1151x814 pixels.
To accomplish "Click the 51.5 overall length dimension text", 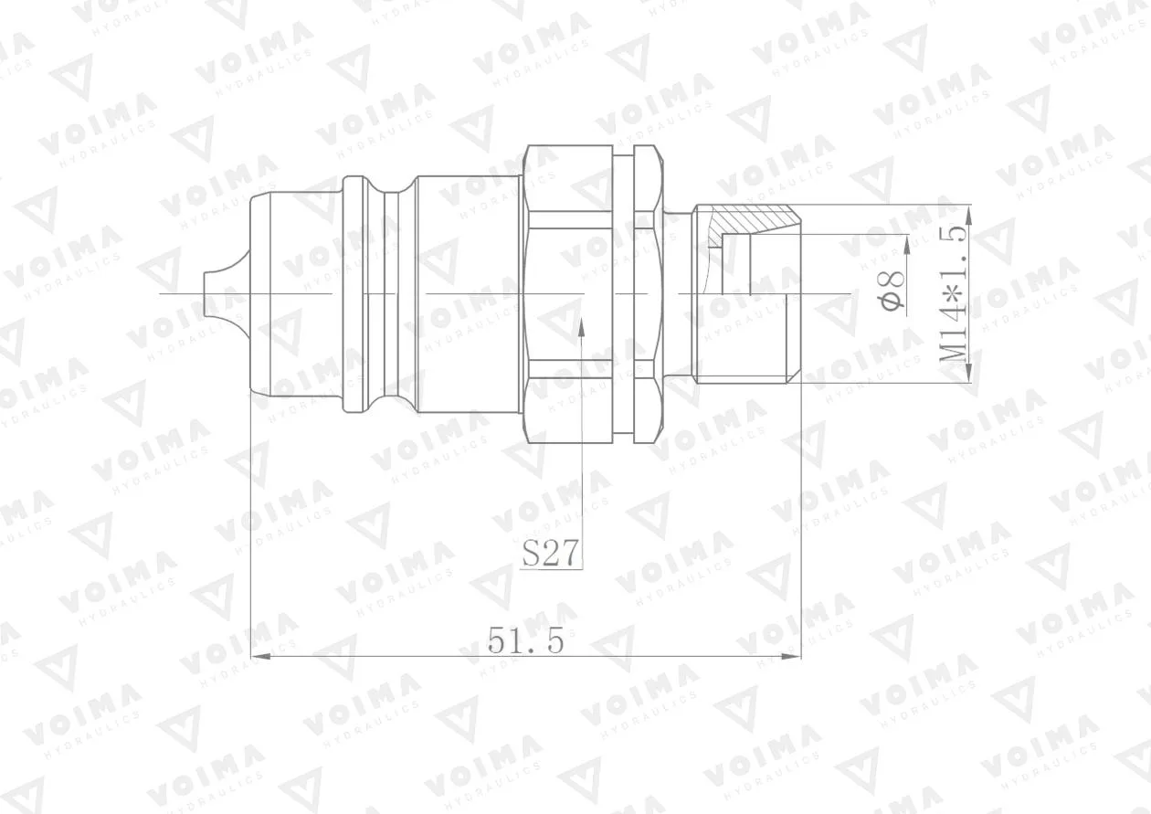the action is click(525, 640).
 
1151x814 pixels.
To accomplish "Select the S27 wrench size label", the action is click(550, 553).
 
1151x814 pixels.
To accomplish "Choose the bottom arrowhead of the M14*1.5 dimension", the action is click(968, 373).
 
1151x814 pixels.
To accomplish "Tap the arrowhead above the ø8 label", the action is click(907, 245).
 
